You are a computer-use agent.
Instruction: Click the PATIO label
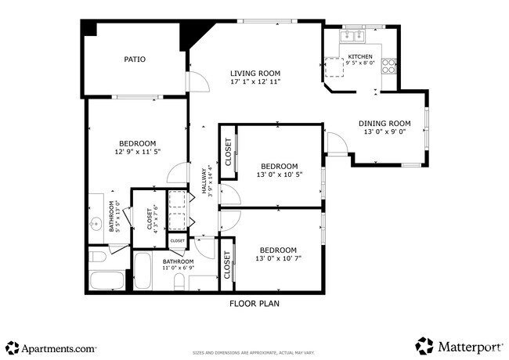click(x=135, y=59)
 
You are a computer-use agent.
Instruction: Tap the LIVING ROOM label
click(x=255, y=72)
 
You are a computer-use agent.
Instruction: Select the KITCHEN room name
click(x=360, y=56)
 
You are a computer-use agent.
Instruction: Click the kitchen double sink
click(x=352, y=35)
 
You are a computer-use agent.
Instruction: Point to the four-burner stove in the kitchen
click(x=388, y=67)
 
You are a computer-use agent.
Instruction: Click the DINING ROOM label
click(x=384, y=123)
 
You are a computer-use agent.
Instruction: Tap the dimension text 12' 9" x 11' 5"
click(x=136, y=153)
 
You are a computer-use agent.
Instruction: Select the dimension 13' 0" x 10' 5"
click(x=279, y=175)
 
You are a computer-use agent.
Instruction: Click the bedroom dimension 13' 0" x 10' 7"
click(x=279, y=258)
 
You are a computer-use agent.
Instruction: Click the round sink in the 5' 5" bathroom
click(x=96, y=223)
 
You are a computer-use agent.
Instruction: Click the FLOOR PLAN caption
click(x=254, y=303)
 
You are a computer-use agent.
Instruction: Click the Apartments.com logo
click(x=52, y=347)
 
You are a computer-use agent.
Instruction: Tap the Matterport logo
click(x=459, y=345)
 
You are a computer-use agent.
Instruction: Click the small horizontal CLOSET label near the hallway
click(x=178, y=241)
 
